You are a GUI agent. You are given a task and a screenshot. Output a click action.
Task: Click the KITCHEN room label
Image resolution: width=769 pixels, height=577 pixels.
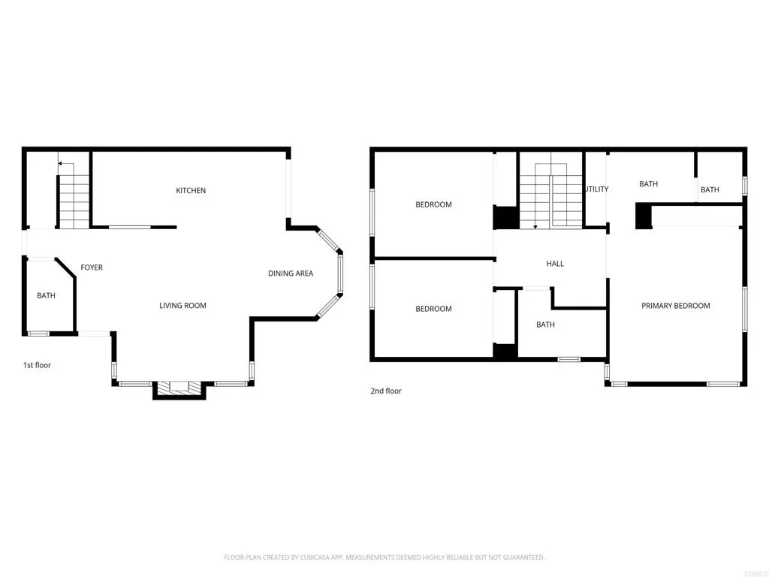coord(191,191)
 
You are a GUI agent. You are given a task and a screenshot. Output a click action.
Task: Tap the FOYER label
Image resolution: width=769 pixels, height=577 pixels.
coord(92,267)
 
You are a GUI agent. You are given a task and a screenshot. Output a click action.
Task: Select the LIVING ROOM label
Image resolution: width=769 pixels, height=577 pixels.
coord(182,306)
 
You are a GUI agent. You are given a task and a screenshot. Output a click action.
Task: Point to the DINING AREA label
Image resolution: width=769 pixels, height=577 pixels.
coord(291,273)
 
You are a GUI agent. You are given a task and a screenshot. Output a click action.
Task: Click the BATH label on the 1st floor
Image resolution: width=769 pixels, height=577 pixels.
coord(46,296)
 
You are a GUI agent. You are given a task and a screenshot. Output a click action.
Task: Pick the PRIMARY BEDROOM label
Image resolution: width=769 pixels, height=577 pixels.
coord(675,306)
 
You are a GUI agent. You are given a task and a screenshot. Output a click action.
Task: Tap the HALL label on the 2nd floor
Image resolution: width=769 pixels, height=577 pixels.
coord(555,264)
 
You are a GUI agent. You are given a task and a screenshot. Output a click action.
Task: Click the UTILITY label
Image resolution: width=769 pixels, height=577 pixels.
coord(597,189)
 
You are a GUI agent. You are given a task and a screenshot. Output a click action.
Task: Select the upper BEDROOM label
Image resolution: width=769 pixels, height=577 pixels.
coord(434,205)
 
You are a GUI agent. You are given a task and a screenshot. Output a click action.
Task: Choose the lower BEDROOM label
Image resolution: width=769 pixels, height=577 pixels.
coord(434,309)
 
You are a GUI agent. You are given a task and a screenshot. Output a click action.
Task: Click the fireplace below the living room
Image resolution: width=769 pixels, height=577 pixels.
coord(179,388)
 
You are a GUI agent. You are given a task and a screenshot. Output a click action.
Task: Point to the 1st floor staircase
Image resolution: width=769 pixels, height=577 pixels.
coord(74,200)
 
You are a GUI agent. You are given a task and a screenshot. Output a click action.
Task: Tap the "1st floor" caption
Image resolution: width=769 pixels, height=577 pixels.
coord(37,365)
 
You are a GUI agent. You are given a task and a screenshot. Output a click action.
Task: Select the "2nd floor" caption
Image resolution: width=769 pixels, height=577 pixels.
coord(386,391)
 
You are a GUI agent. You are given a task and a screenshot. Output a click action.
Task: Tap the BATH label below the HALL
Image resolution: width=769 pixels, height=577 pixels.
coord(545,325)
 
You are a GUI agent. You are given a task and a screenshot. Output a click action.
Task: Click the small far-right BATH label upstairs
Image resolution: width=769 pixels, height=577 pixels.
coord(710,190)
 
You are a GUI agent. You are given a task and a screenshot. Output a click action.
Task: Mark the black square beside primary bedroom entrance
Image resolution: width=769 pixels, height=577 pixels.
coord(643,216)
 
